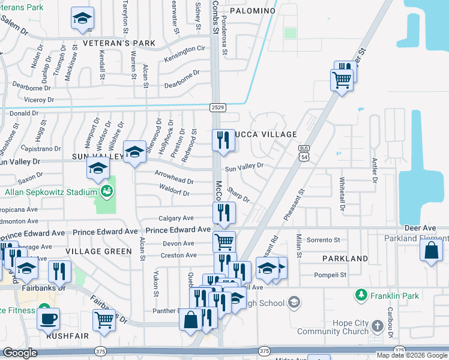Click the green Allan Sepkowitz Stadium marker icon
107,192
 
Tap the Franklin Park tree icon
361,295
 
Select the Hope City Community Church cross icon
377,326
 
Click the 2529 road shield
217,107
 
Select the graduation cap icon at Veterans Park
82,19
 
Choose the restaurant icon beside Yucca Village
223,140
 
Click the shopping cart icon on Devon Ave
224,241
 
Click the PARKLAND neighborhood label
345,259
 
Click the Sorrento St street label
323,240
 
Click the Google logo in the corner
20,353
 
